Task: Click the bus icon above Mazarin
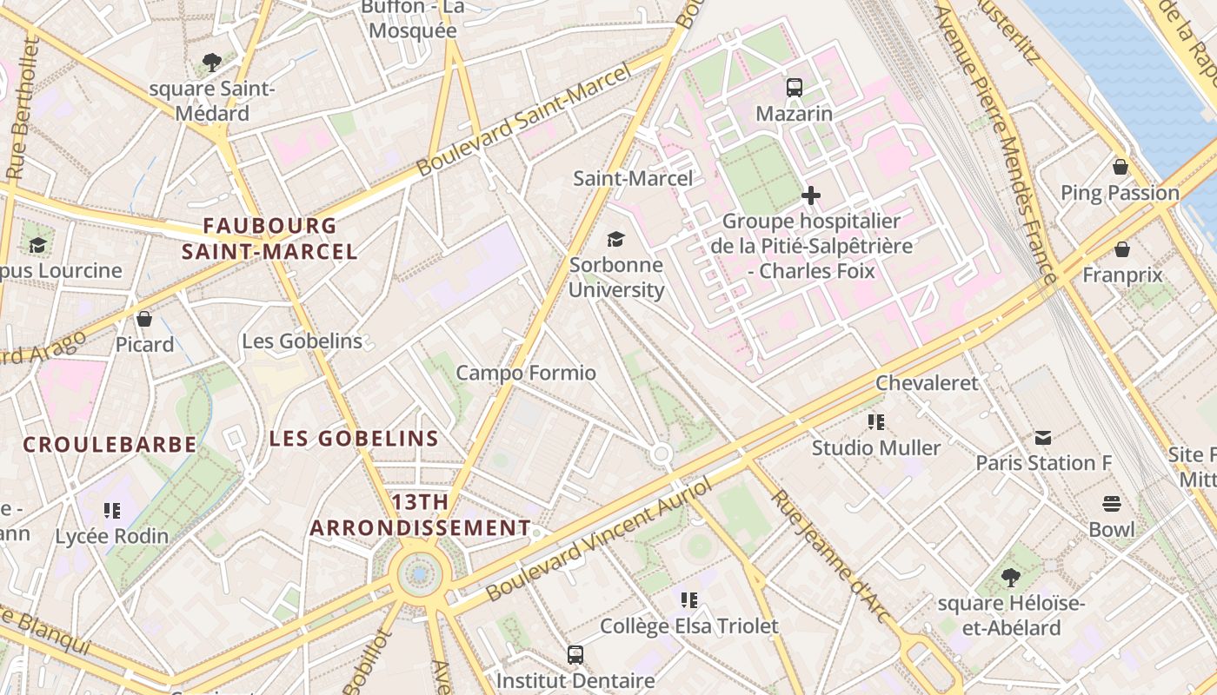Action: click(795, 87)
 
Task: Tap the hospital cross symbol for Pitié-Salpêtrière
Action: click(811, 195)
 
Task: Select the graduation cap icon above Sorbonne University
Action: click(615, 239)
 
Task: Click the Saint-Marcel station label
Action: click(633, 179)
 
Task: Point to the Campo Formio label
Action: click(526, 374)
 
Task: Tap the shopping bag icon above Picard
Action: click(144, 319)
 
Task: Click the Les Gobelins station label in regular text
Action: click(302, 341)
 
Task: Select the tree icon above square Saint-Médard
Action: click(211, 62)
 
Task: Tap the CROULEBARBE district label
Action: click(110, 445)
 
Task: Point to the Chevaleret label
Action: click(927, 383)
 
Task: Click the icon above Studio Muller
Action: click(876, 422)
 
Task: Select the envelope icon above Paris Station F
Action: click(1043, 437)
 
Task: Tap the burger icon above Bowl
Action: click(1112, 504)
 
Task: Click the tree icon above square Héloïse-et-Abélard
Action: click(1010, 577)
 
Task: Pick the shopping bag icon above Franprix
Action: click(1122, 249)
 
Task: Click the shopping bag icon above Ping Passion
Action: click(1121, 167)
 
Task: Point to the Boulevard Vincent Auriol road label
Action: click(599, 540)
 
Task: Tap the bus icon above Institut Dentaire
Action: click(575, 654)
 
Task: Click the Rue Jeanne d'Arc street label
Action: click(832, 557)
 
